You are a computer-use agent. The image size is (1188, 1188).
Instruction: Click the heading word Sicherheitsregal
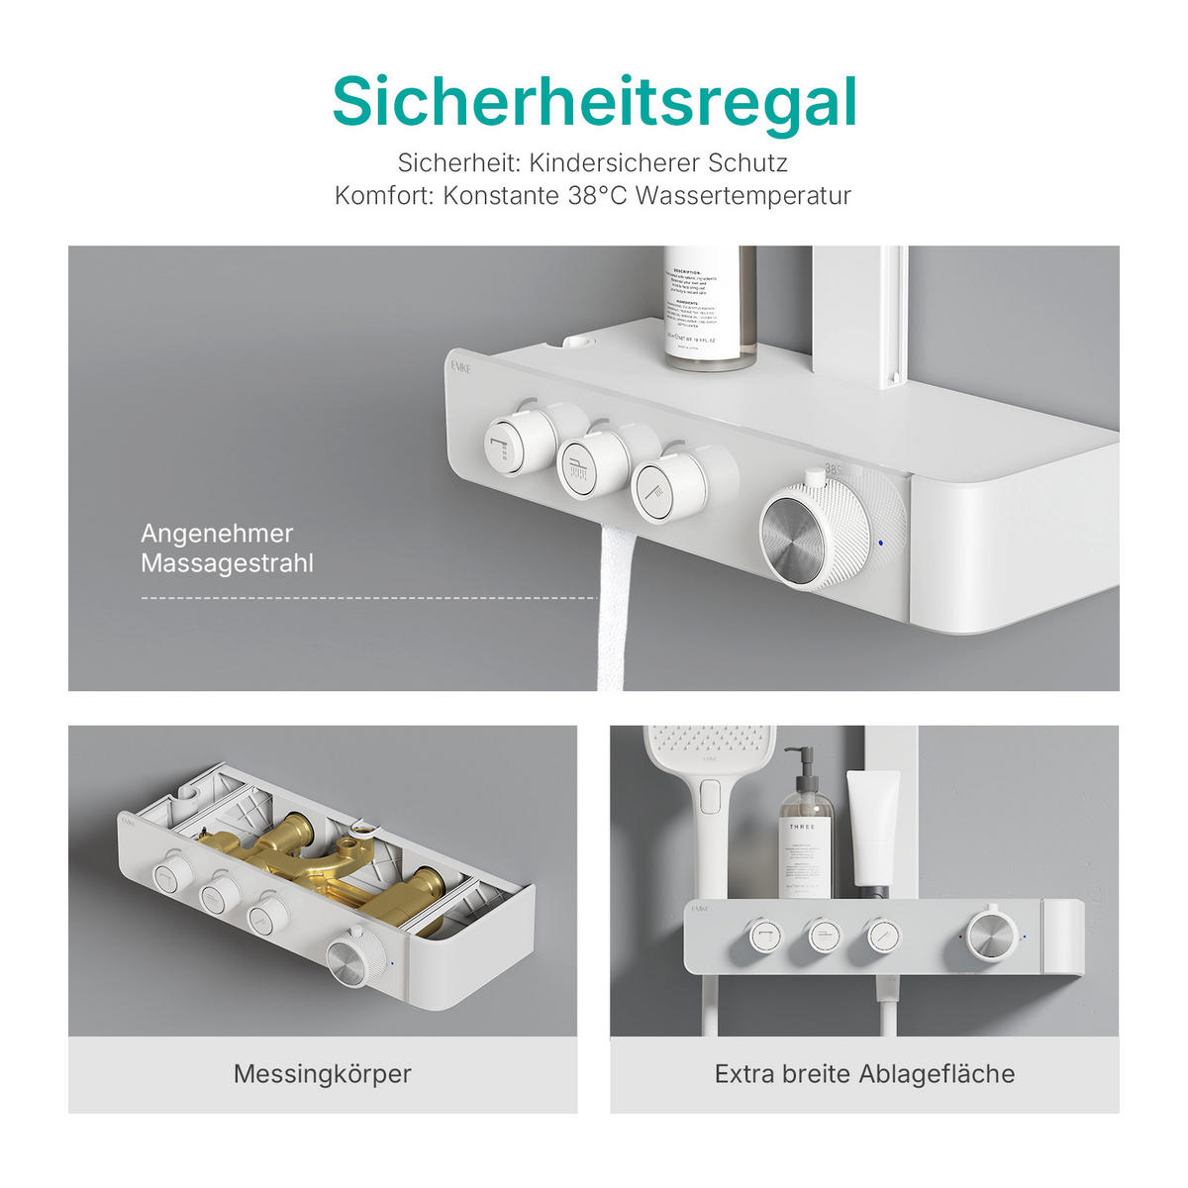(594, 102)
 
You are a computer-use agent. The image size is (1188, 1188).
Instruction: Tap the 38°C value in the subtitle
(598, 195)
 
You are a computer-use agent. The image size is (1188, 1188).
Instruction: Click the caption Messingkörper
(323, 1073)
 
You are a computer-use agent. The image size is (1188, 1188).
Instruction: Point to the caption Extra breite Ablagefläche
(864, 1073)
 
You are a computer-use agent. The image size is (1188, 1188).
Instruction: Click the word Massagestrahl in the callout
(227, 563)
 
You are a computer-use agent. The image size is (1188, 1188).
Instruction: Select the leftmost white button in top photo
(511, 442)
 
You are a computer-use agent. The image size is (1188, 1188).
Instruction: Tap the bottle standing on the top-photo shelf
(709, 307)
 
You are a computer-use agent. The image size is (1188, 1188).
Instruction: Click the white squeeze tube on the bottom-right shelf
(871, 827)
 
